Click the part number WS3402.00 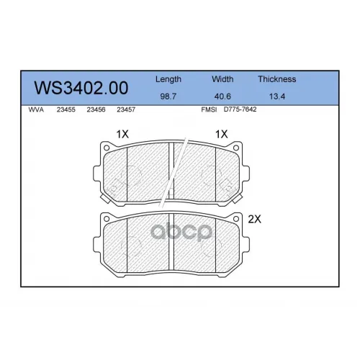81,88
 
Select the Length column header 168,79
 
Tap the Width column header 222,79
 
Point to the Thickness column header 277,79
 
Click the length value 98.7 168,96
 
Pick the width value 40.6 222,96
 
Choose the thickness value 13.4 277,96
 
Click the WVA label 36,109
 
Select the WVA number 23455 66,109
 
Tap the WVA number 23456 96,109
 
